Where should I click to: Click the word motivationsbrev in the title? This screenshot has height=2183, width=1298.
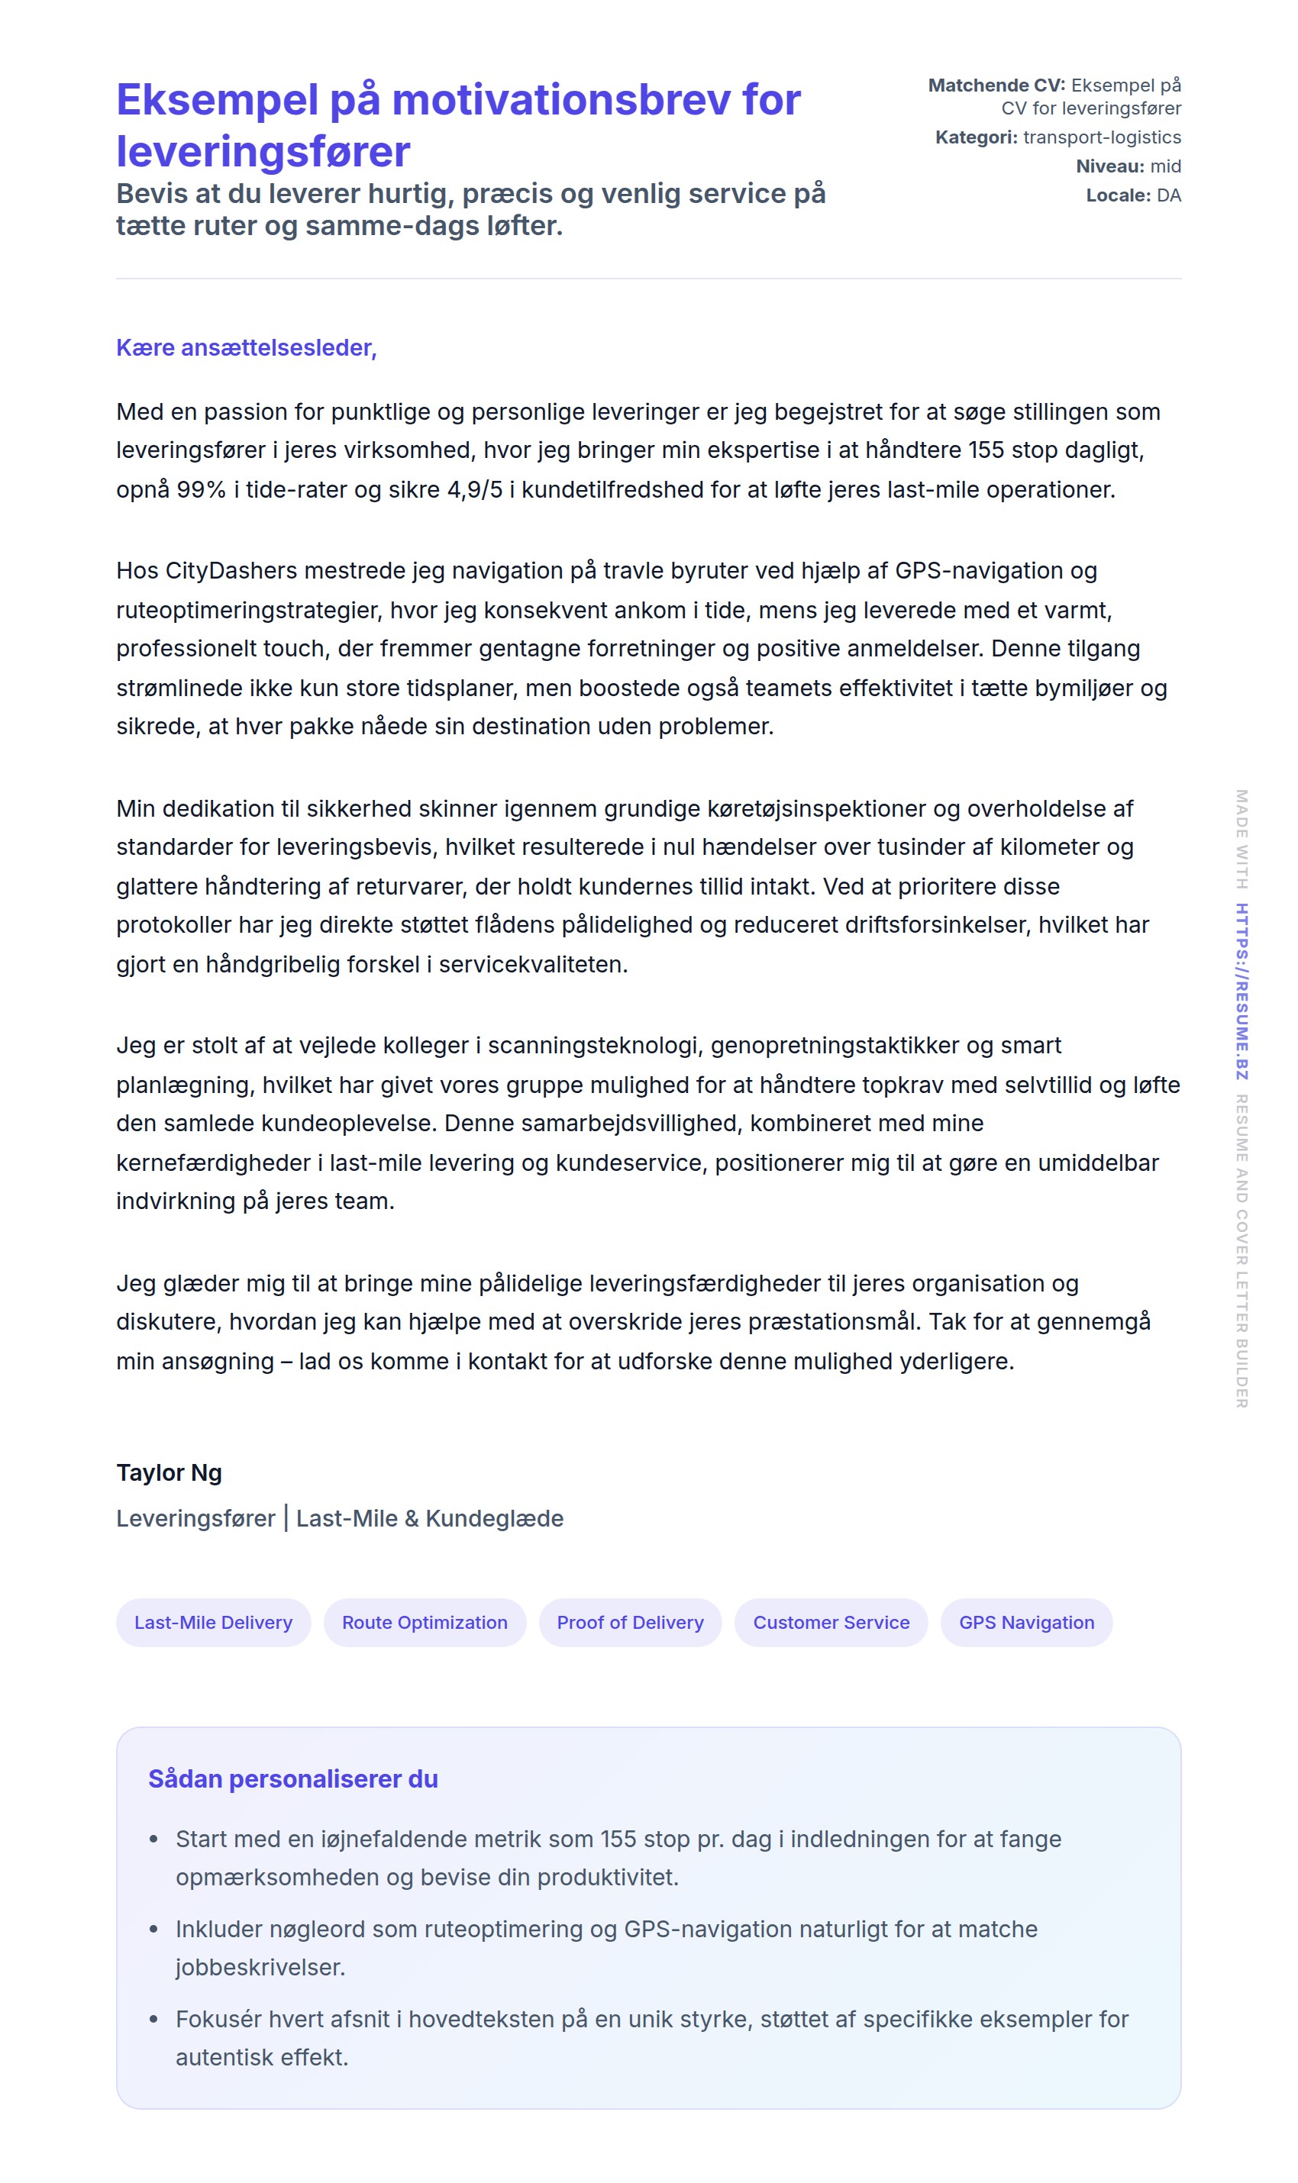pos(560,100)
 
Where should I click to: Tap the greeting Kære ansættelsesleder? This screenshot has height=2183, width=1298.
pos(246,348)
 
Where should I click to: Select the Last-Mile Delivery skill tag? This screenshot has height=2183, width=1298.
pos(214,1623)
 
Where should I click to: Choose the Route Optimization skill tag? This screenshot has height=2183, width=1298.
pos(425,1623)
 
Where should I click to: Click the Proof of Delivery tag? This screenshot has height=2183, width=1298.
pos(630,1623)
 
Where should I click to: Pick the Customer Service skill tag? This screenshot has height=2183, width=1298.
pos(831,1623)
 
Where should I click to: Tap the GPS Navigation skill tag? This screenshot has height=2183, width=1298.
pos(1026,1623)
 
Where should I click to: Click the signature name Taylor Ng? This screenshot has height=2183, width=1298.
pos(169,1473)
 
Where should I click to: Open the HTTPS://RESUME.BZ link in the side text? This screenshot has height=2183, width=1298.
pos(1241,992)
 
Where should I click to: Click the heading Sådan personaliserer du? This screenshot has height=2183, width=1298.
pos(293,1779)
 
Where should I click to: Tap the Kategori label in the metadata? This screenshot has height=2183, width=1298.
pos(976,137)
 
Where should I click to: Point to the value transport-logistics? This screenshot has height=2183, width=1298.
pos(1102,137)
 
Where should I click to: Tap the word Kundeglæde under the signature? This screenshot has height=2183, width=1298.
pos(494,1519)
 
